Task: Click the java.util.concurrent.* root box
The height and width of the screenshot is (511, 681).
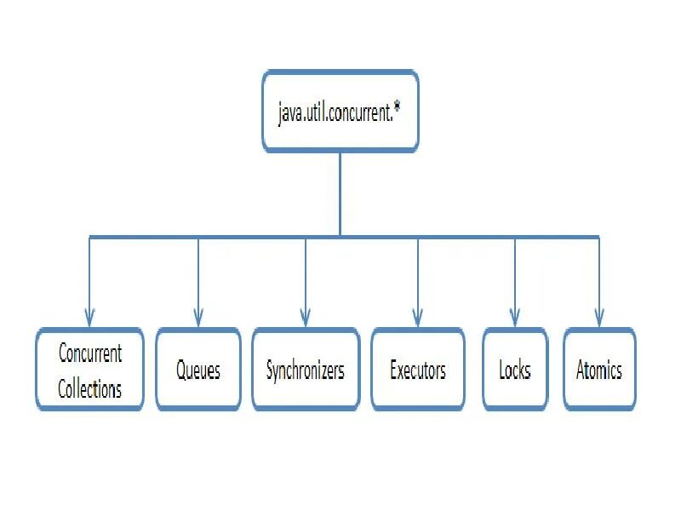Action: click(340, 112)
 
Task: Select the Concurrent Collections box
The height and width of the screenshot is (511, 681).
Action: click(89, 370)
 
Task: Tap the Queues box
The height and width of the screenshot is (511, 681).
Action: click(198, 370)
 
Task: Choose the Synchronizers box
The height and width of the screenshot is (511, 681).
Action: click(306, 370)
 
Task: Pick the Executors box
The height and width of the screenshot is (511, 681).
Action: click(418, 370)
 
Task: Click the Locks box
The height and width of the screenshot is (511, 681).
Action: click(515, 370)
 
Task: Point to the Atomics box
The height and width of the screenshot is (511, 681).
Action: click(599, 370)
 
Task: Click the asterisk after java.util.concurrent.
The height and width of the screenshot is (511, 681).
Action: click(398, 108)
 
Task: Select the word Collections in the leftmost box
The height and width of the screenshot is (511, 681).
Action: click(89, 389)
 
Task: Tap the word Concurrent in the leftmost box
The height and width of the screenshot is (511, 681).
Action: click(89, 353)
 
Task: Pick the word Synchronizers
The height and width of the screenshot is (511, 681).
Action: click(306, 370)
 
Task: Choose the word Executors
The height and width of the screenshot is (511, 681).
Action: click(418, 370)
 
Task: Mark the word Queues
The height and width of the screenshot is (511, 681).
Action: click(198, 370)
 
